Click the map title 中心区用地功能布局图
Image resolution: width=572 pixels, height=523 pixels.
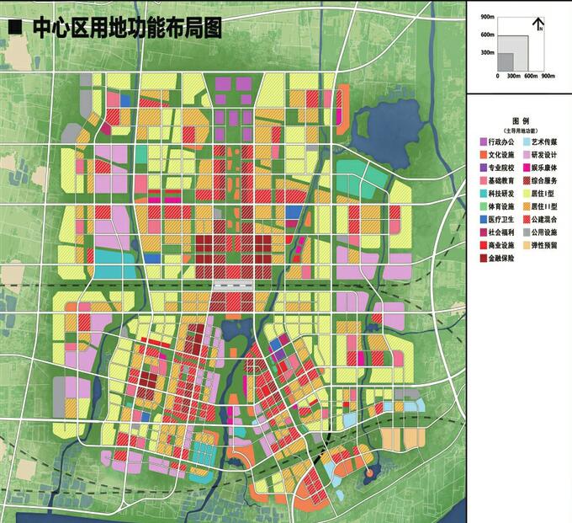[x=126, y=28]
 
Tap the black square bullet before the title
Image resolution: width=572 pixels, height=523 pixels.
[x=14, y=28]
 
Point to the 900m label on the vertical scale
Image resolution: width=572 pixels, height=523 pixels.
[x=487, y=17]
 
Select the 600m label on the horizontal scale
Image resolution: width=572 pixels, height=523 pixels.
[x=529, y=77]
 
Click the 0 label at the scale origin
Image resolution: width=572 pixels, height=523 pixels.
[x=497, y=77]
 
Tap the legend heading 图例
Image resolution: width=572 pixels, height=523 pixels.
[x=520, y=122]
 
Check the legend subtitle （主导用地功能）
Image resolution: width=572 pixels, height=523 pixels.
[x=520, y=131]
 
